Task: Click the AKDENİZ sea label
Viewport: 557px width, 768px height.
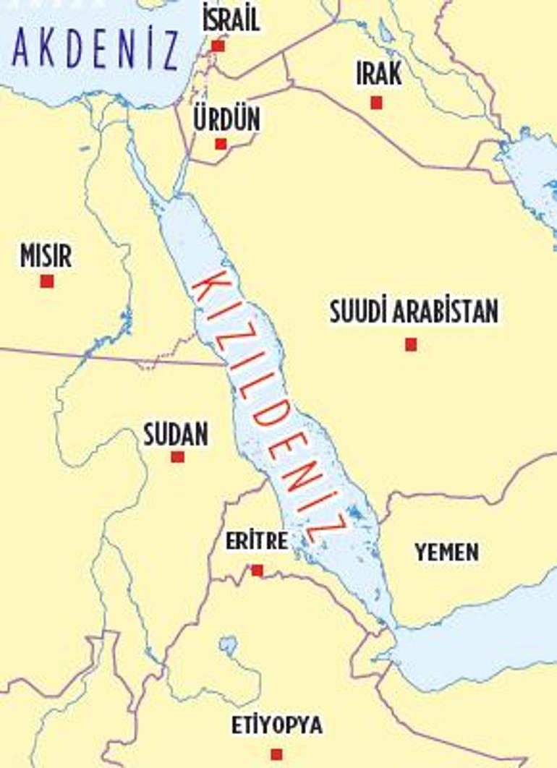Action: (96, 48)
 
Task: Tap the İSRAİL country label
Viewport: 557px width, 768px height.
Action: (231, 18)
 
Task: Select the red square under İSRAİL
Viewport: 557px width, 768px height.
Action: (218, 46)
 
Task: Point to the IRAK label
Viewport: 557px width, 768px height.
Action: (378, 74)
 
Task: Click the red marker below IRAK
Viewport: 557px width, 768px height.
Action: (376, 103)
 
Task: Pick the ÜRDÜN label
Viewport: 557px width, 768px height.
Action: (226, 119)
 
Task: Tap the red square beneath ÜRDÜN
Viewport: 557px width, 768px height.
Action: (221, 144)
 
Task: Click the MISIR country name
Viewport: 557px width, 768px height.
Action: (46, 256)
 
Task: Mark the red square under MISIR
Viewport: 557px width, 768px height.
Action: (47, 281)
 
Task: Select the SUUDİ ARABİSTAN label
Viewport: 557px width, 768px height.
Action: (414, 312)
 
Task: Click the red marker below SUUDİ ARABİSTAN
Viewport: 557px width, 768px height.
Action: (411, 344)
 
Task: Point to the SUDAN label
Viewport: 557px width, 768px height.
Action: (176, 435)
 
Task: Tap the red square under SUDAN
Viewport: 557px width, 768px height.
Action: (177, 457)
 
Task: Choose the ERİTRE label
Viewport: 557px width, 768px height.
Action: (256, 540)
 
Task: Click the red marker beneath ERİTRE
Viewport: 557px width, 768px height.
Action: (257, 571)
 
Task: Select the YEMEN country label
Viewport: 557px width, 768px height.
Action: (446, 552)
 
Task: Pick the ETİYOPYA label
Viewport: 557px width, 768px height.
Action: (277, 725)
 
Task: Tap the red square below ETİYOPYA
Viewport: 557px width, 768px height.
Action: (276, 754)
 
